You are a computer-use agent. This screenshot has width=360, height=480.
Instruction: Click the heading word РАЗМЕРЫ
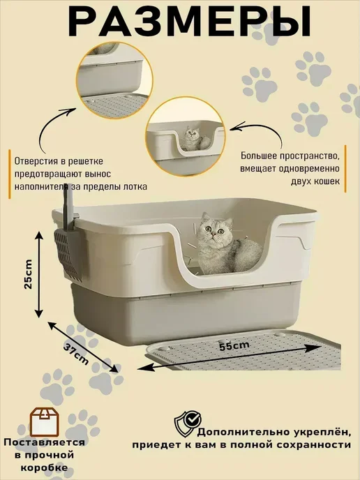coord(190,22)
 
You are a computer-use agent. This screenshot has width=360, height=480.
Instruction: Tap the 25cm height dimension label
coord(29,274)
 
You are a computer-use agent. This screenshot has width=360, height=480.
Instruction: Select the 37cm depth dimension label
coord(76,354)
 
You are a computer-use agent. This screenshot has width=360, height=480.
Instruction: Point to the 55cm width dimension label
coord(234,346)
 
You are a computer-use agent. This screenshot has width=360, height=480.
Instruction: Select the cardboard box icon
coord(44,422)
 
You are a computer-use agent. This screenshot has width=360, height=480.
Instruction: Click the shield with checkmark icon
coord(188,423)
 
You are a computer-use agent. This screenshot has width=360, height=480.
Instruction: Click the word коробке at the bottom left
coord(45,467)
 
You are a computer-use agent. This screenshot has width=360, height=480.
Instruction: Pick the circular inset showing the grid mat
coord(114,80)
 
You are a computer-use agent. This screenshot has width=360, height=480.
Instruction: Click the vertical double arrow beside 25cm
coord(39,274)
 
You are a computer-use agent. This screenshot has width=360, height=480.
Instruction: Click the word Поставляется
coord(45,442)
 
